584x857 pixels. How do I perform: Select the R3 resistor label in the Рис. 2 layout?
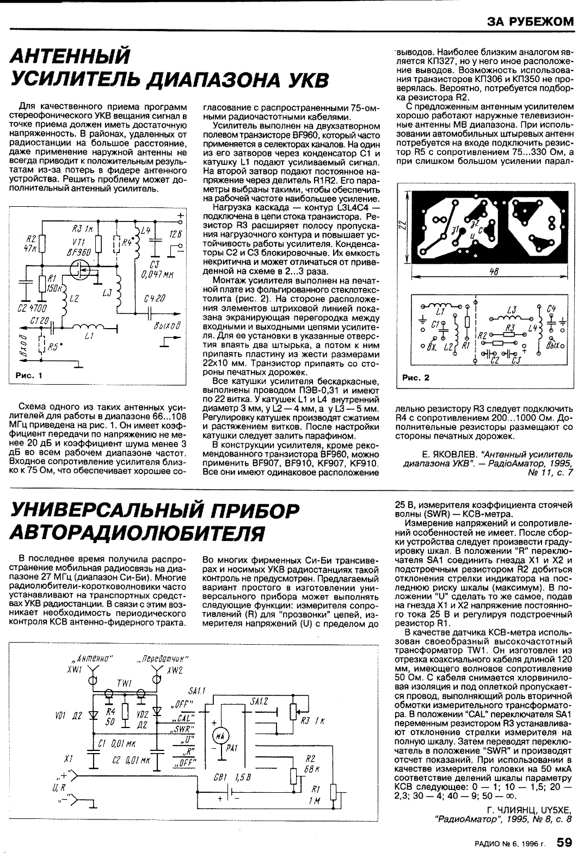tap(509, 327)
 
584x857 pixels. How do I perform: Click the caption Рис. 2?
tap(415, 377)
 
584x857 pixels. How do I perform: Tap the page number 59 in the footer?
tap(564, 842)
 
